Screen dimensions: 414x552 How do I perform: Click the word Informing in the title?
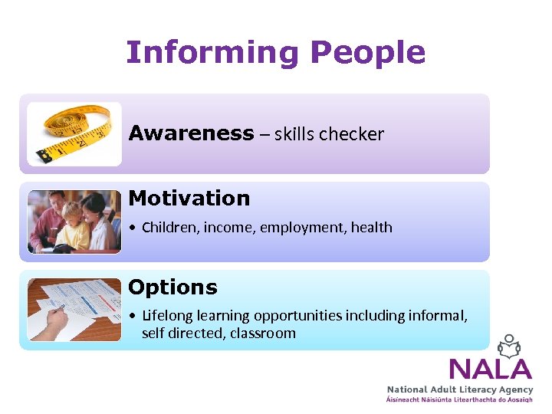coord(212,53)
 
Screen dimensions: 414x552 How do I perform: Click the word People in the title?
coord(367,53)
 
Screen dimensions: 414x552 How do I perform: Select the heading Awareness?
coord(191,133)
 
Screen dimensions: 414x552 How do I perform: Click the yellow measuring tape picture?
coord(74,133)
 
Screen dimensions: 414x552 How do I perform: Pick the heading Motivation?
coord(189,198)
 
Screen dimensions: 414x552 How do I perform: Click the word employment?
coord(304,228)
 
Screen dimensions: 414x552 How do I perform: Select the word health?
coord(371,227)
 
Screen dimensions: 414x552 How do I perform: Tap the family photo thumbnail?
coord(74,222)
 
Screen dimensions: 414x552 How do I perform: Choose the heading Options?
coord(172,287)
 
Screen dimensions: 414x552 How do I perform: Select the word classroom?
coord(262,333)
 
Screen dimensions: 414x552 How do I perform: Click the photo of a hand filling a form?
coord(74,310)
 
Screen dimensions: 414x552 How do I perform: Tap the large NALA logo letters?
coord(490,369)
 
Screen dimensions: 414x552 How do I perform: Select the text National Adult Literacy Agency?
coord(459,390)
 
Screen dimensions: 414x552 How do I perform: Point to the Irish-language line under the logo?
coord(459,400)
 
